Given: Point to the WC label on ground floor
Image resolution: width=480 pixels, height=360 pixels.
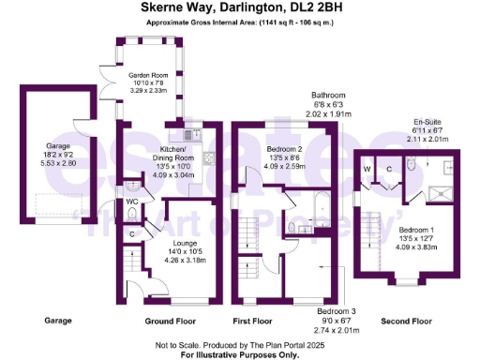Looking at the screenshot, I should click(133, 202).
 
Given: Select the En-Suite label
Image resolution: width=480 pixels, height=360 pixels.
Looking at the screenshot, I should click(426, 123).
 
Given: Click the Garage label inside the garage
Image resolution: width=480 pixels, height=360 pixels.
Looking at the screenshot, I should click(58, 146).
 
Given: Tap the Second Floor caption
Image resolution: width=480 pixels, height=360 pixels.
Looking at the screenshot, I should click(406, 322).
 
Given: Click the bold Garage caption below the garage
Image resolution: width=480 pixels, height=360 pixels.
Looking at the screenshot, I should click(58, 322).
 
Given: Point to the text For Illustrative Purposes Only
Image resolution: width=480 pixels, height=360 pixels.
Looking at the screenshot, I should click(240, 354).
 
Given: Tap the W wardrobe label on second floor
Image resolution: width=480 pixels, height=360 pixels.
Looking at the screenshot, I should click(367, 169).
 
